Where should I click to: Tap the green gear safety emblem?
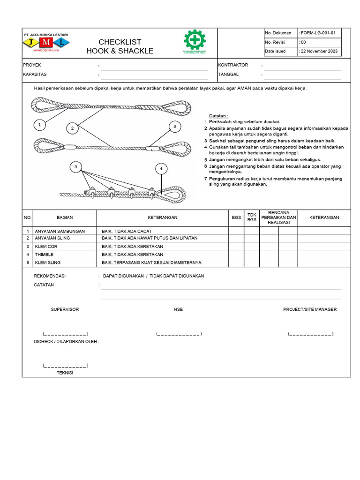tap(195, 41)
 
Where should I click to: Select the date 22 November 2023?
tap(319, 52)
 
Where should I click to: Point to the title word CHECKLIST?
tap(120, 42)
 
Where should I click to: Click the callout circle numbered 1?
tap(40, 125)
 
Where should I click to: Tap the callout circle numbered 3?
tap(174, 127)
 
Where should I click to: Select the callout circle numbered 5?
tap(75, 166)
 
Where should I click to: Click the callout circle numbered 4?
tap(161, 168)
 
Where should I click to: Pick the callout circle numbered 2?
tap(72, 128)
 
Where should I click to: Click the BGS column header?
tap(236, 217)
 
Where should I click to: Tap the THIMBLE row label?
tap(45, 255)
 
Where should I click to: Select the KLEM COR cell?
tap(45, 246)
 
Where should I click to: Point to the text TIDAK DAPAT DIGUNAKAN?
tap(177, 276)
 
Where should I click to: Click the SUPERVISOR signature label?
tap(65, 309)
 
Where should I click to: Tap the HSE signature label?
tap(178, 309)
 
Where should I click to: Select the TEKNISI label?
tap(65, 373)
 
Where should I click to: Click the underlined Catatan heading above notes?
tap(218, 115)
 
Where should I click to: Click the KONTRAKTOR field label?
tap(233, 65)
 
